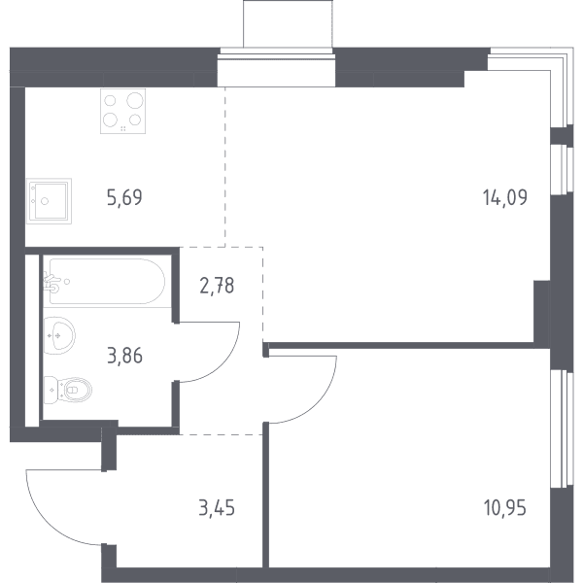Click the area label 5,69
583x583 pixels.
[x=124, y=197]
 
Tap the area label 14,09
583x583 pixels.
[x=505, y=197]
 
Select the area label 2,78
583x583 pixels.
[x=217, y=286]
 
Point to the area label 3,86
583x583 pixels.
[x=124, y=356]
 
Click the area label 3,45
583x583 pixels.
[x=217, y=508]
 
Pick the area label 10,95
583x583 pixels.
[x=505, y=508]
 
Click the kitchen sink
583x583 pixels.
[x=50, y=201]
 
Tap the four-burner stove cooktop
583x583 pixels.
[x=122, y=111]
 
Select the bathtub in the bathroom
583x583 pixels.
[x=107, y=282]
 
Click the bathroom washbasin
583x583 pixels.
[x=59, y=335]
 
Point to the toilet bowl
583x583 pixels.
[x=77, y=390]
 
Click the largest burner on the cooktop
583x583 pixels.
[x=135, y=100]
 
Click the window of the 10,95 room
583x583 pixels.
[x=560, y=429]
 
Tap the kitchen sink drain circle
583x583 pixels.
[x=45, y=201]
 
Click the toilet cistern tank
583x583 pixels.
[x=51, y=390]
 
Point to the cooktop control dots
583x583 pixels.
[x=123, y=128]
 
